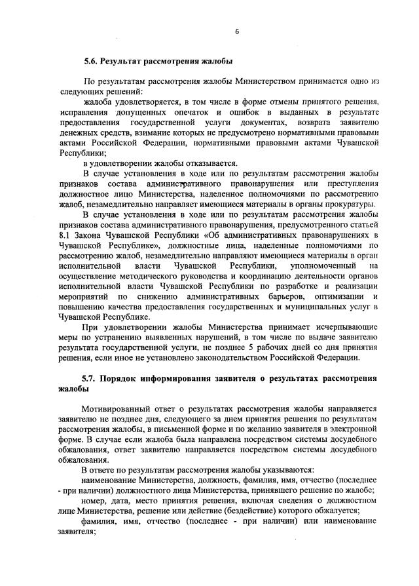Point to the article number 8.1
tap(64, 234)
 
